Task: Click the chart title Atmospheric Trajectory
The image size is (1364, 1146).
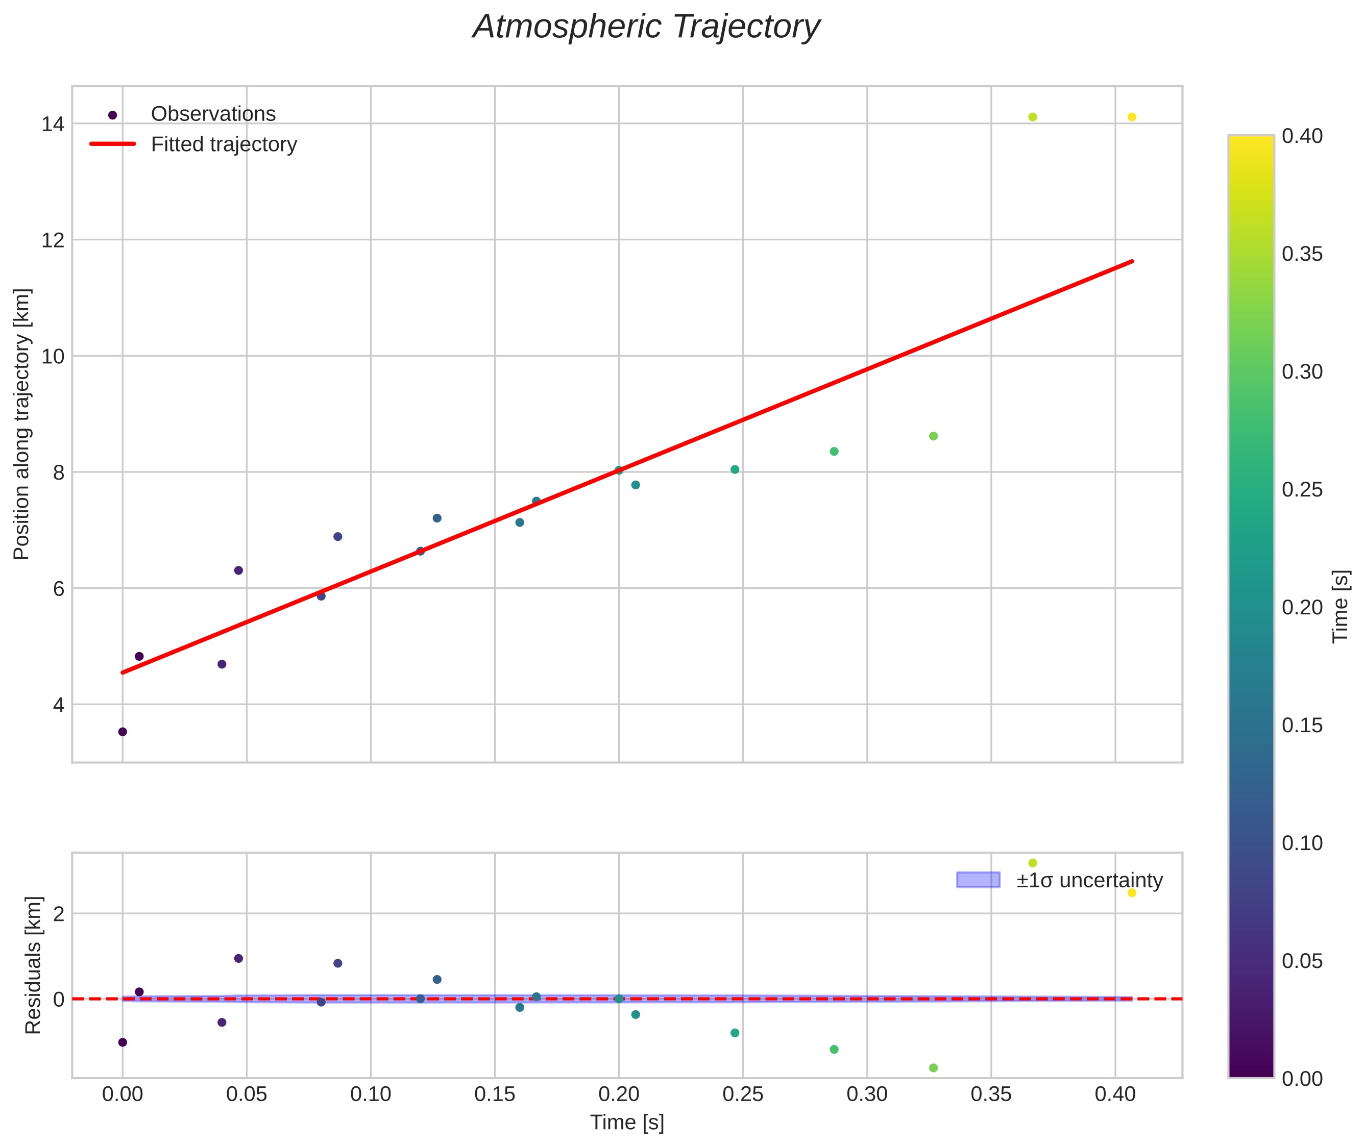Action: pyautogui.click(x=646, y=27)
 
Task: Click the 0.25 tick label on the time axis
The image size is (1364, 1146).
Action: pyautogui.click(x=743, y=1094)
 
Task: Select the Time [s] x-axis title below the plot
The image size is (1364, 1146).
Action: pyautogui.click(x=627, y=1123)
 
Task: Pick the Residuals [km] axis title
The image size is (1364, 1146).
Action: pyautogui.click(x=33, y=965)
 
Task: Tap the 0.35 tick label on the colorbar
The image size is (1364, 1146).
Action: pyautogui.click(x=1302, y=254)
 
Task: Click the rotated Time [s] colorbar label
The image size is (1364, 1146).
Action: pyautogui.click(x=1341, y=606)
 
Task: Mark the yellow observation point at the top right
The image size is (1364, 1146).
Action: pyautogui.click(x=1131, y=117)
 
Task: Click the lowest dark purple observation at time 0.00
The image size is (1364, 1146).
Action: pyautogui.click(x=122, y=732)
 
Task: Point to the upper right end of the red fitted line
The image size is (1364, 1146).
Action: pyautogui.click(x=1131, y=262)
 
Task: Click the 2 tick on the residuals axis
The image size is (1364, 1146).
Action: pyautogui.click(x=59, y=914)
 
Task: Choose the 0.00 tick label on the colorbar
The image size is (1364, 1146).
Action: pyautogui.click(x=1302, y=1079)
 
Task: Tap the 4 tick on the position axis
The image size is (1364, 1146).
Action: pyautogui.click(x=59, y=705)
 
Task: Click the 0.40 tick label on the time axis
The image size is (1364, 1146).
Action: pyautogui.click(x=1115, y=1094)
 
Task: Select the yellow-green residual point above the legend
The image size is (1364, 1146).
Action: pyautogui.click(x=1033, y=863)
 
